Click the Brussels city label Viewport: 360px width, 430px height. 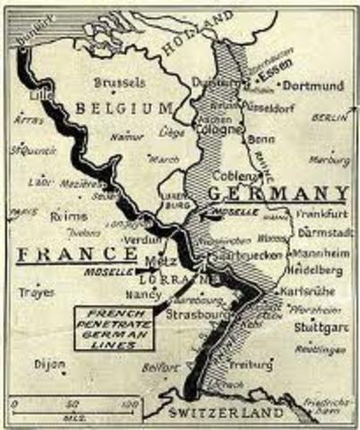click(x=119, y=82)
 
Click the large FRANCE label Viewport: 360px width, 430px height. click(x=68, y=254)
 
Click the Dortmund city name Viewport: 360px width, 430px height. click(x=313, y=87)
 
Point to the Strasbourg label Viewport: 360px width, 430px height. click(x=192, y=314)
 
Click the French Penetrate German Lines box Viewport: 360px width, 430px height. click(x=114, y=326)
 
